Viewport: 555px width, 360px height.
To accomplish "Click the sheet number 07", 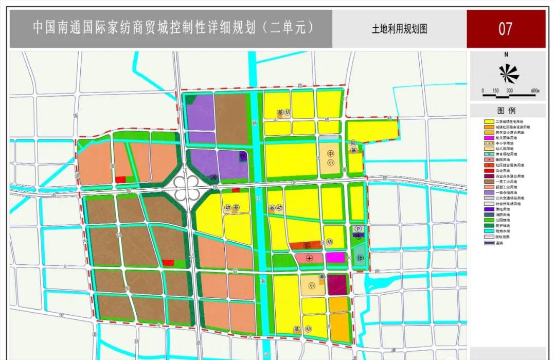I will pos(505,28).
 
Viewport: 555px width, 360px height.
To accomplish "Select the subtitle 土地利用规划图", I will pos(400,29).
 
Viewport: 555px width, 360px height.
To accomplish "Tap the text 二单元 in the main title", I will pos(292,27).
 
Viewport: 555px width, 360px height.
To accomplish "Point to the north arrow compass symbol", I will pos(509,74).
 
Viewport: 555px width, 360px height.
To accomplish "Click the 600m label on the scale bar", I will pos(534,91).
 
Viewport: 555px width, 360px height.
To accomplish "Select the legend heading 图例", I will pos(507,111).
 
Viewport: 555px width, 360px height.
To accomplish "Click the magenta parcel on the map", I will pos(335,258).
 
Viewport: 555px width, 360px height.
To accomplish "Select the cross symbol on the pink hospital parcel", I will pos(309,258).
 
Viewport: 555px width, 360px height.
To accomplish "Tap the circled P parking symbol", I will pos(359,229).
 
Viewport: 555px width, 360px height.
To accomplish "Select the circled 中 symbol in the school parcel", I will pos(331,154).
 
